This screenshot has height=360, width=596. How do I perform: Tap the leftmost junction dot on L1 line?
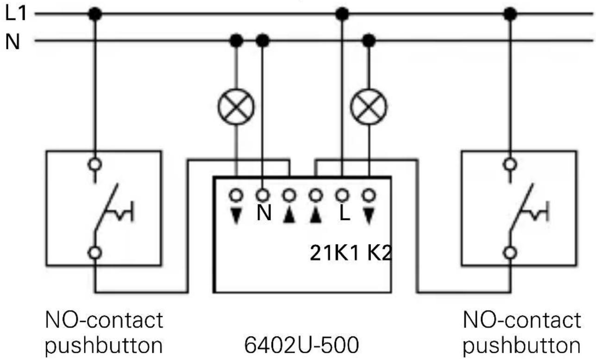point(95,14)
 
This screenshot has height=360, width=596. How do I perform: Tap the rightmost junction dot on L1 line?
point(510,14)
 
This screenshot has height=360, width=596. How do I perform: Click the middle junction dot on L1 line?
point(342,14)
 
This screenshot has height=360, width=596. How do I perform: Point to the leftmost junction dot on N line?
point(237,41)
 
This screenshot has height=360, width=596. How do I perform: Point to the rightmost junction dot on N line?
point(369,41)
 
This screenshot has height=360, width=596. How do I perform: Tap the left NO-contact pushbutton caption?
point(104,332)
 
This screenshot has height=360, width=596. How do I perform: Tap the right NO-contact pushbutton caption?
point(522,332)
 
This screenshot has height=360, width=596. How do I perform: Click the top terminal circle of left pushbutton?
point(95,163)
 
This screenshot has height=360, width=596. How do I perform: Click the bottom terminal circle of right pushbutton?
point(510,253)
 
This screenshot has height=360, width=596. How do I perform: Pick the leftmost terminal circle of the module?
point(237,195)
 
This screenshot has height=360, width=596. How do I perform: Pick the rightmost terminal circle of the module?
point(369,195)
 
